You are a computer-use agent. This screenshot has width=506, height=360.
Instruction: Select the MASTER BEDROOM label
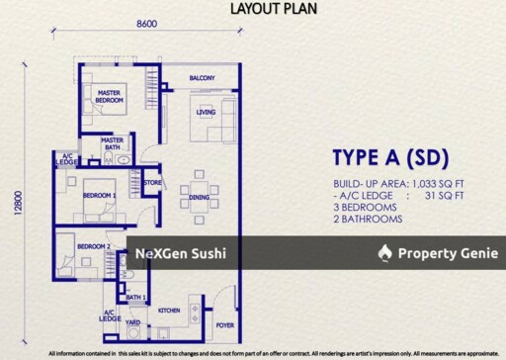[x=109, y=97]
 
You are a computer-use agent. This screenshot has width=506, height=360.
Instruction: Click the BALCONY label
[x=203, y=78]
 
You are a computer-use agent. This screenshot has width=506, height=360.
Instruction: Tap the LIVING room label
[x=206, y=113]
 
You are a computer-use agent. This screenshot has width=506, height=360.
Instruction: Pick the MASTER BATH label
[x=113, y=144]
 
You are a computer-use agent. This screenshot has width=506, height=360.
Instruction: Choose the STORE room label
[x=152, y=183]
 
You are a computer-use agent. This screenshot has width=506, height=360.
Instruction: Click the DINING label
[x=200, y=198]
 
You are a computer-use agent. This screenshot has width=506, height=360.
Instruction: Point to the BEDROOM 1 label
[x=99, y=196]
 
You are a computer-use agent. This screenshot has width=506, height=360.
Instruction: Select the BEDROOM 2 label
[x=93, y=246]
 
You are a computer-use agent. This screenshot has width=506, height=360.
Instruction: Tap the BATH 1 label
[x=135, y=297]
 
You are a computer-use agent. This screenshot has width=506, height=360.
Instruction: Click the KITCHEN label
[x=169, y=312]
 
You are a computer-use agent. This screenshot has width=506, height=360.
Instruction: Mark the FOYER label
[x=225, y=324]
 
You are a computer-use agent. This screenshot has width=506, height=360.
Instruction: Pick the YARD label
[x=132, y=321]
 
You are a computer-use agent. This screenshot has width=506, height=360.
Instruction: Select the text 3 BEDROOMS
[x=366, y=208]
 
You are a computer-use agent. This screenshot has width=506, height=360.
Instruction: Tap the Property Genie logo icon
[x=385, y=253]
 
